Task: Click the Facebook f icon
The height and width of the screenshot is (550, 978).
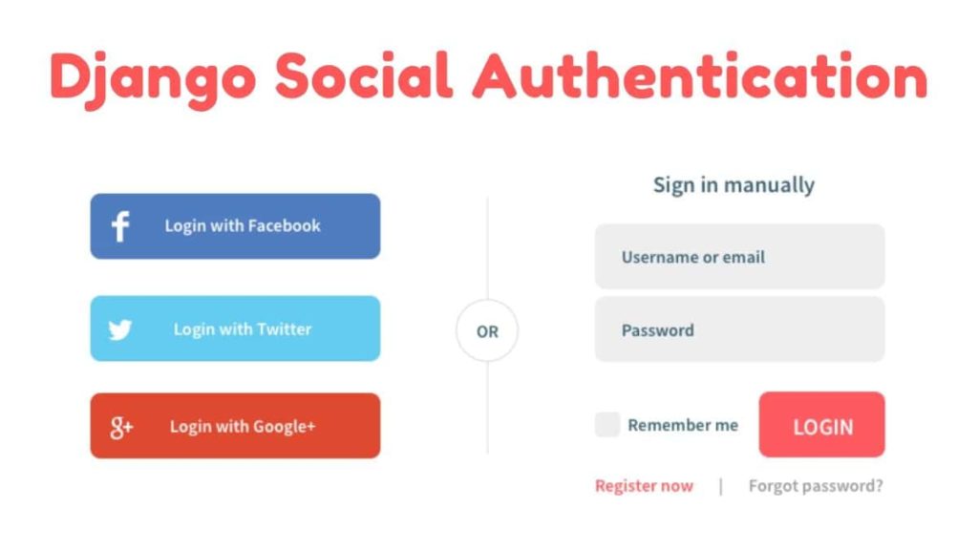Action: click(x=120, y=226)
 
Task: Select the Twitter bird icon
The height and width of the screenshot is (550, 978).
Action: click(x=120, y=329)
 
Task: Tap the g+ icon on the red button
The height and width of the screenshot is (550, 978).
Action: click(x=120, y=427)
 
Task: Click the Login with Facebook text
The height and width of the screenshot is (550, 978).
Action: click(x=243, y=226)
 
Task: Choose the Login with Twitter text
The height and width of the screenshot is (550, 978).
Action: click(x=243, y=329)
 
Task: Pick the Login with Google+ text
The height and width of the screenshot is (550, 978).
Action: click(x=243, y=427)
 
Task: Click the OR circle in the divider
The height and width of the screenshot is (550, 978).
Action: click(x=487, y=331)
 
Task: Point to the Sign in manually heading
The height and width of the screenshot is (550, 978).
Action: click(x=733, y=184)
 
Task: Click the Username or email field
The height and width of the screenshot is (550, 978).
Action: click(x=739, y=257)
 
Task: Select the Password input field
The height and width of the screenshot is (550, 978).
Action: click(x=739, y=330)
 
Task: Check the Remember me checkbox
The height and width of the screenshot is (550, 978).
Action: click(x=607, y=425)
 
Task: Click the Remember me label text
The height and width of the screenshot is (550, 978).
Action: click(x=683, y=425)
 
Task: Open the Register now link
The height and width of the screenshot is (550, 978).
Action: click(x=644, y=486)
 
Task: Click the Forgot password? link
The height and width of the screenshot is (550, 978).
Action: click(x=816, y=486)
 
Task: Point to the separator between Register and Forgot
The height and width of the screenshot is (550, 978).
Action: click(x=721, y=486)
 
